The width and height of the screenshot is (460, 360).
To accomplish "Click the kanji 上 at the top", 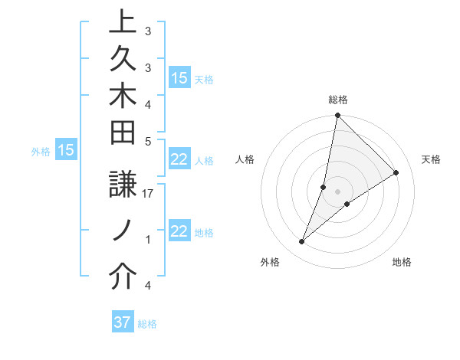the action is click(x=121, y=21).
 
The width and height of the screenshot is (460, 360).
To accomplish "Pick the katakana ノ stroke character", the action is click(x=121, y=231).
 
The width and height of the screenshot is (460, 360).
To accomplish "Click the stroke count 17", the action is click(x=148, y=194).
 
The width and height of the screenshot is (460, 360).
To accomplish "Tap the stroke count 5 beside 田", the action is click(x=148, y=141).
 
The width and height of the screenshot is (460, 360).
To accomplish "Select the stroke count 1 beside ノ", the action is click(x=148, y=240).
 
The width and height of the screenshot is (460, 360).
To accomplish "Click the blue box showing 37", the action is click(x=122, y=322).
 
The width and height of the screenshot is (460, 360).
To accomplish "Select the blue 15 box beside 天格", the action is click(x=179, y=78).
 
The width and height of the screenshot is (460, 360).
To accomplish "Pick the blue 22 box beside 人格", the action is click(x=179, y=159).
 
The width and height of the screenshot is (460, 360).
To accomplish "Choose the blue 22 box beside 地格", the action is click(x=179, y=232).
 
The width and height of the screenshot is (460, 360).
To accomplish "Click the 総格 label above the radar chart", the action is click(x=338, y=100).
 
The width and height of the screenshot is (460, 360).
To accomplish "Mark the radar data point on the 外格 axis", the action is click(x=302, y=242).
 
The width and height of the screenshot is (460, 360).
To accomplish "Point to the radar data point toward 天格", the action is click(x=396, y=172).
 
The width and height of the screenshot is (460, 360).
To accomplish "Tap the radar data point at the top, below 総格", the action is click(x=337, y=116).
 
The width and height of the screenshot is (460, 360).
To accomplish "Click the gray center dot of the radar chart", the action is click(x=337, y=191).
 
